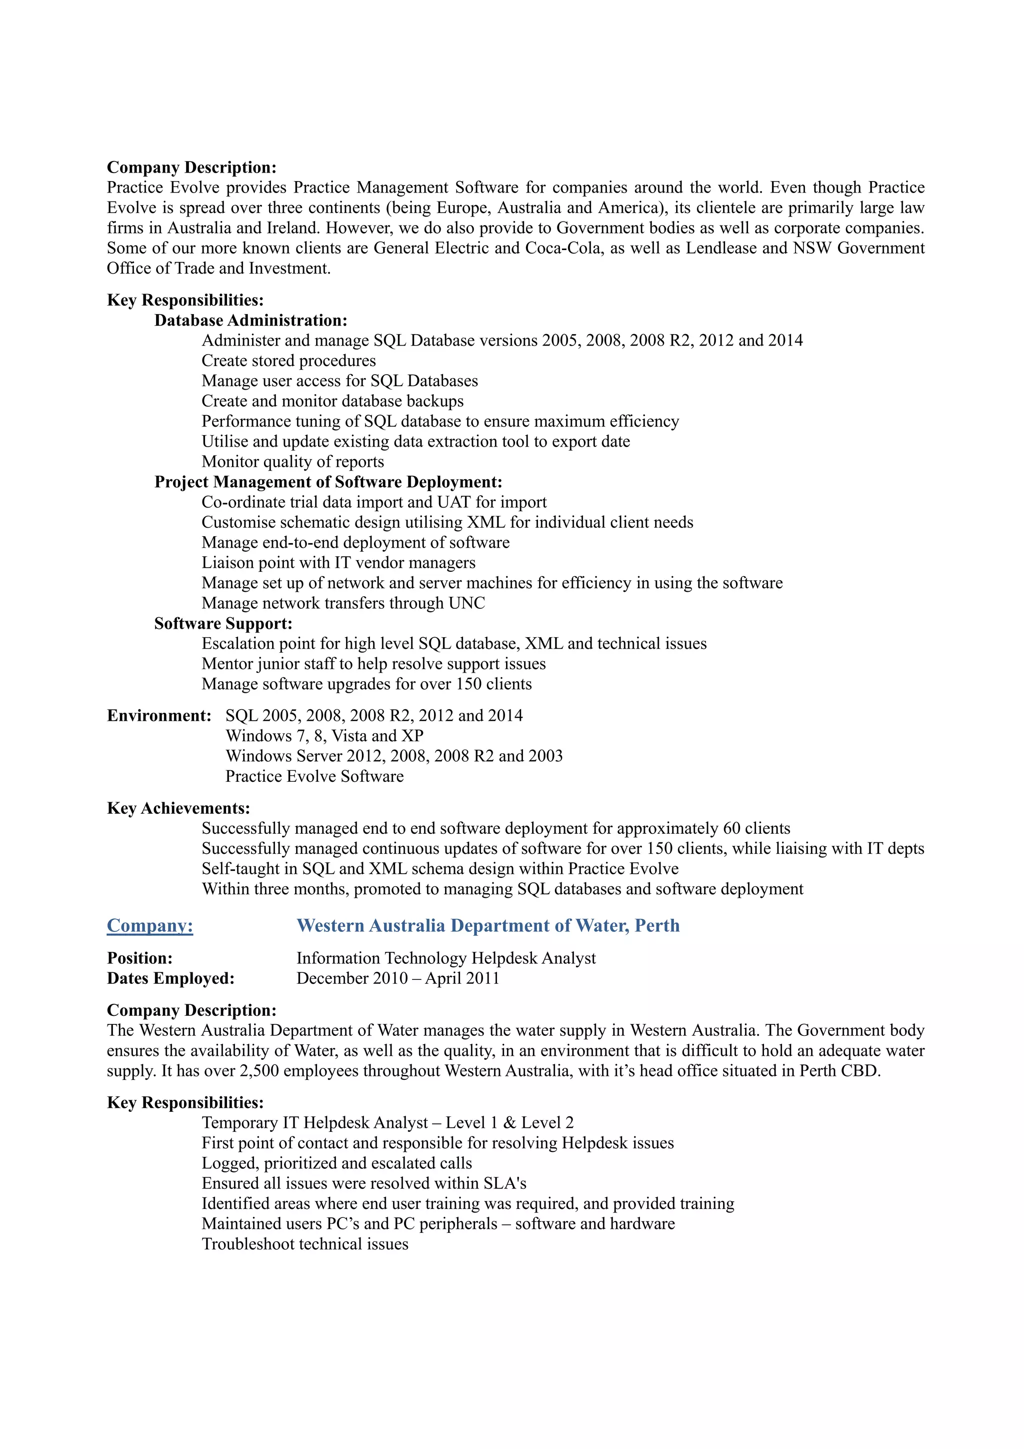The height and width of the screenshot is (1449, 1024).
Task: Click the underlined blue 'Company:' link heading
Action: (x=150, y=925)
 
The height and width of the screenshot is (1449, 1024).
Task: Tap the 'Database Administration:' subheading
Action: (x=250, y=320)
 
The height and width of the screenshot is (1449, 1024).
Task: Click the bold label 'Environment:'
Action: (x=159, y=715)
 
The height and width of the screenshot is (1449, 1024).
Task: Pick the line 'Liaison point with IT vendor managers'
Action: (x=338, y=562)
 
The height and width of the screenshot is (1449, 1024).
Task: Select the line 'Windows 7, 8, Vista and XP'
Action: (x=324, y=735)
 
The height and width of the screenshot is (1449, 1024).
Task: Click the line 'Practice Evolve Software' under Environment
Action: (x=314, y=776)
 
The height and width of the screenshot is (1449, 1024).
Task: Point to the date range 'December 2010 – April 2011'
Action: (x=397, y=978)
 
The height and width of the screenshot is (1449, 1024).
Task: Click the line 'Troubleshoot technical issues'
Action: (x=304, y=1244)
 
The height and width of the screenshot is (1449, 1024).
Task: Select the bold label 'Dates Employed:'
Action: (x=170, y=978)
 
